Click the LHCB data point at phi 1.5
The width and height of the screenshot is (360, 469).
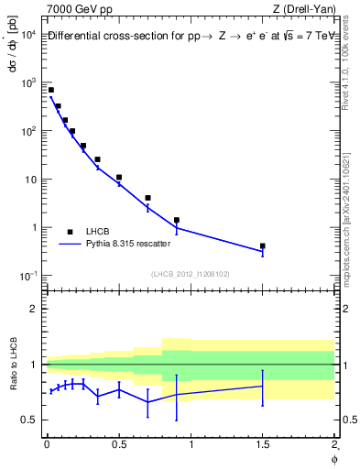pos(263,245)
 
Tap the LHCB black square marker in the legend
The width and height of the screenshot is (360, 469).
pos(70,232)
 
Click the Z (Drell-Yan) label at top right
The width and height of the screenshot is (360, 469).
pos(303,10)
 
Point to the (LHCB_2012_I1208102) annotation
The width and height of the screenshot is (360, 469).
pos(190,274)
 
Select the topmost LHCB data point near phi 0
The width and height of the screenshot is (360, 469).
pos(51,90)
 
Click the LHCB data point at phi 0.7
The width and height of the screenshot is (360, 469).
pos(147,198)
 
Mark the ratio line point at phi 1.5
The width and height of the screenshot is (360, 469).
pos(263,387)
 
